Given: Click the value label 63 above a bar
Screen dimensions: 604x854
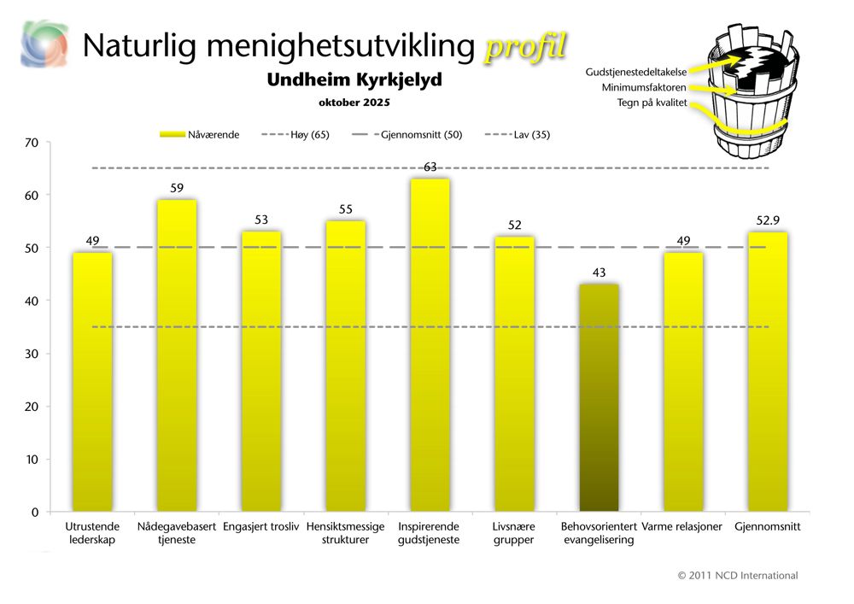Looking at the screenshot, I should pos(430,167).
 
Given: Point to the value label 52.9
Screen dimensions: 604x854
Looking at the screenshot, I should pos(767,220).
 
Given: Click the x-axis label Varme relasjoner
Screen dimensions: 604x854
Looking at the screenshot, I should pos(681,527).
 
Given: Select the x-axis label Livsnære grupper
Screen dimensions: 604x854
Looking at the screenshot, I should pos(514,533).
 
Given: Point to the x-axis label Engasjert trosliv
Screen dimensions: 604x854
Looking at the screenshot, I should pos(260,527).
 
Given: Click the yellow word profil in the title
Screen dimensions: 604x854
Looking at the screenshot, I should pos(524,47).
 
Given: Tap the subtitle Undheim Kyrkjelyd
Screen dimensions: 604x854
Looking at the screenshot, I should pos(354,80).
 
